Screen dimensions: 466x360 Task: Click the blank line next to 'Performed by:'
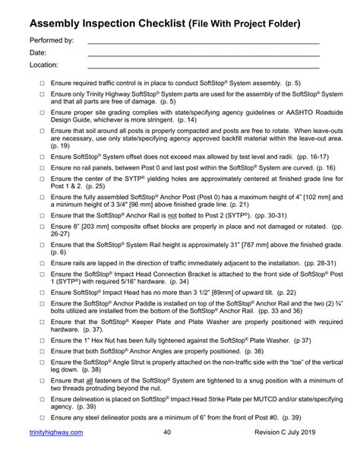203,43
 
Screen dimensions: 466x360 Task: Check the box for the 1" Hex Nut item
43,341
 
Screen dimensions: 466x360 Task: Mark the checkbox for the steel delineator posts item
43,417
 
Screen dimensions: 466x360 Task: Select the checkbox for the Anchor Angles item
43,351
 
